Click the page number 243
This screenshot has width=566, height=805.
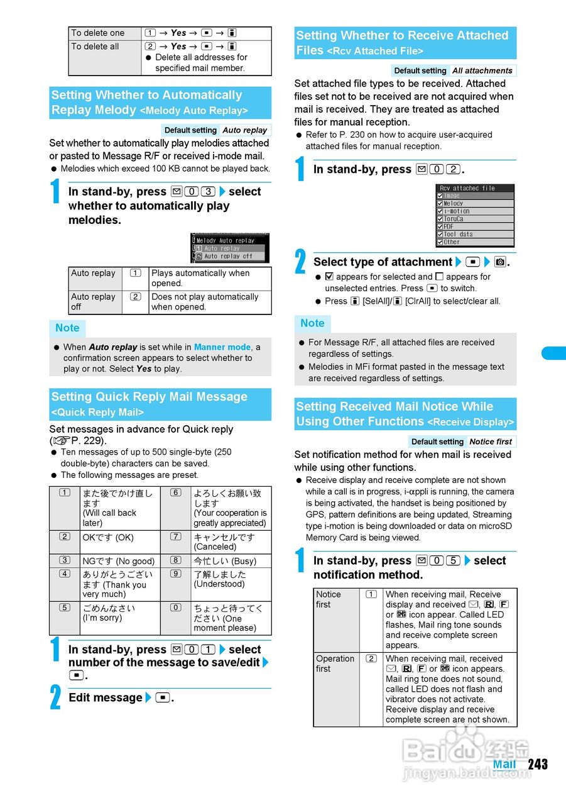pyautogui.click(x=538, y=764)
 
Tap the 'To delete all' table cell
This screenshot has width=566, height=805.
pyautogui.click(x=95, y=47)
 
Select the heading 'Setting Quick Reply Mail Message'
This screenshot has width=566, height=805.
pyautogui.click(x=150, y=397)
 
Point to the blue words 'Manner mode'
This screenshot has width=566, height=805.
pyautogui.click(x=222, y=347)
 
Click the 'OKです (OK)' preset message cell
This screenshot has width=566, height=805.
pyautogui.click(x=108, y=538)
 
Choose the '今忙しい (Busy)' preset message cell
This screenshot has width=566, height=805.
pyautogui.click(x=225, y=561)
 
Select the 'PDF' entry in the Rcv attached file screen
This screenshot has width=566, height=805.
pyautogui.click(x=449, y=226)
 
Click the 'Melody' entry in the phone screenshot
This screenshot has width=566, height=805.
pyautogui.click(x=453, y=204)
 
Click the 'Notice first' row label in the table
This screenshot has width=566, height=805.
pyautogui.click(x=329, y=599)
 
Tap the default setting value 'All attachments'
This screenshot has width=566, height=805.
pyautogui.click(x=482, y=71)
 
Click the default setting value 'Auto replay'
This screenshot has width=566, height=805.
pyautogui.click(x=245, y=130)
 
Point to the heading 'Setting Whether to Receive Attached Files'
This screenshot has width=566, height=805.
pyautogui.click(x=402, y=42)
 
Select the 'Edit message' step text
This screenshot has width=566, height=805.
pyautogui.click(x=106, y=697)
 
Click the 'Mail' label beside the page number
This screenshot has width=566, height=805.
pyautogui.click(x=504, y=765)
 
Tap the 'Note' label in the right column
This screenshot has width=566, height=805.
pyautogui.click(x=312, y=323)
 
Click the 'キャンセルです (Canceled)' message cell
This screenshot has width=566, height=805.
pyautogui.click(x=224, y=541)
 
